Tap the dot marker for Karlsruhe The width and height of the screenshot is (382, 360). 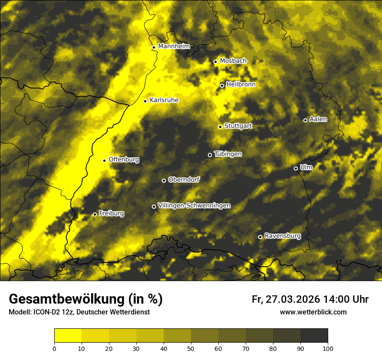point(145,101)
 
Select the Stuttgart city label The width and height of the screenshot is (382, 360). point(238,126)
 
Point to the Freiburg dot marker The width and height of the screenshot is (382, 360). point(95,214)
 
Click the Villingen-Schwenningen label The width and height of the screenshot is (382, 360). point(194,206)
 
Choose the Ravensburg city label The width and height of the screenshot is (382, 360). point(282,236)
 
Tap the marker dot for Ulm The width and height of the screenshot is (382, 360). point(296,168)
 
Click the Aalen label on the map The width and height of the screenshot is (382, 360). point(318,119)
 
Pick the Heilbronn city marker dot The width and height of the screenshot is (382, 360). point(222,85)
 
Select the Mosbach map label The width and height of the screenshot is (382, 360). point(233,61)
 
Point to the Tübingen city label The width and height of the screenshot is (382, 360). point(227,154)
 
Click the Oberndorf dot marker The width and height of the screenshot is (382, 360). point(164,180)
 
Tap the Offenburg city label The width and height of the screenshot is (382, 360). point(124,160)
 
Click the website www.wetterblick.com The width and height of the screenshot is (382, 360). point(313,312)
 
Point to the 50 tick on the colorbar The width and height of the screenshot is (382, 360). point(191,348)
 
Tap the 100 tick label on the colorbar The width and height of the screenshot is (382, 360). point(327,348)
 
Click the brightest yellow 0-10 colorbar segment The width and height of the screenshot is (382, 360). point(68,335)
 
